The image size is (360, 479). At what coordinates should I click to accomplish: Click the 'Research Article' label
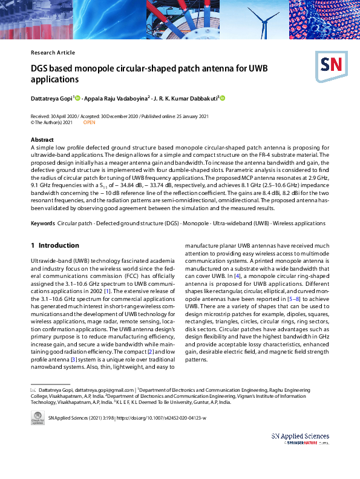(x=53, y=53)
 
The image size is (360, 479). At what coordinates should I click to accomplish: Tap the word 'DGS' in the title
(x=41, y=68)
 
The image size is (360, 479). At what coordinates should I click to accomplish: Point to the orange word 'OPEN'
(x=89, y=122)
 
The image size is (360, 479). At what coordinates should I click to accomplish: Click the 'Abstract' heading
(x=42, y=140)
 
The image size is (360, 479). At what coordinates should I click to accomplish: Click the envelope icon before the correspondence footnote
(x=33, y=390)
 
